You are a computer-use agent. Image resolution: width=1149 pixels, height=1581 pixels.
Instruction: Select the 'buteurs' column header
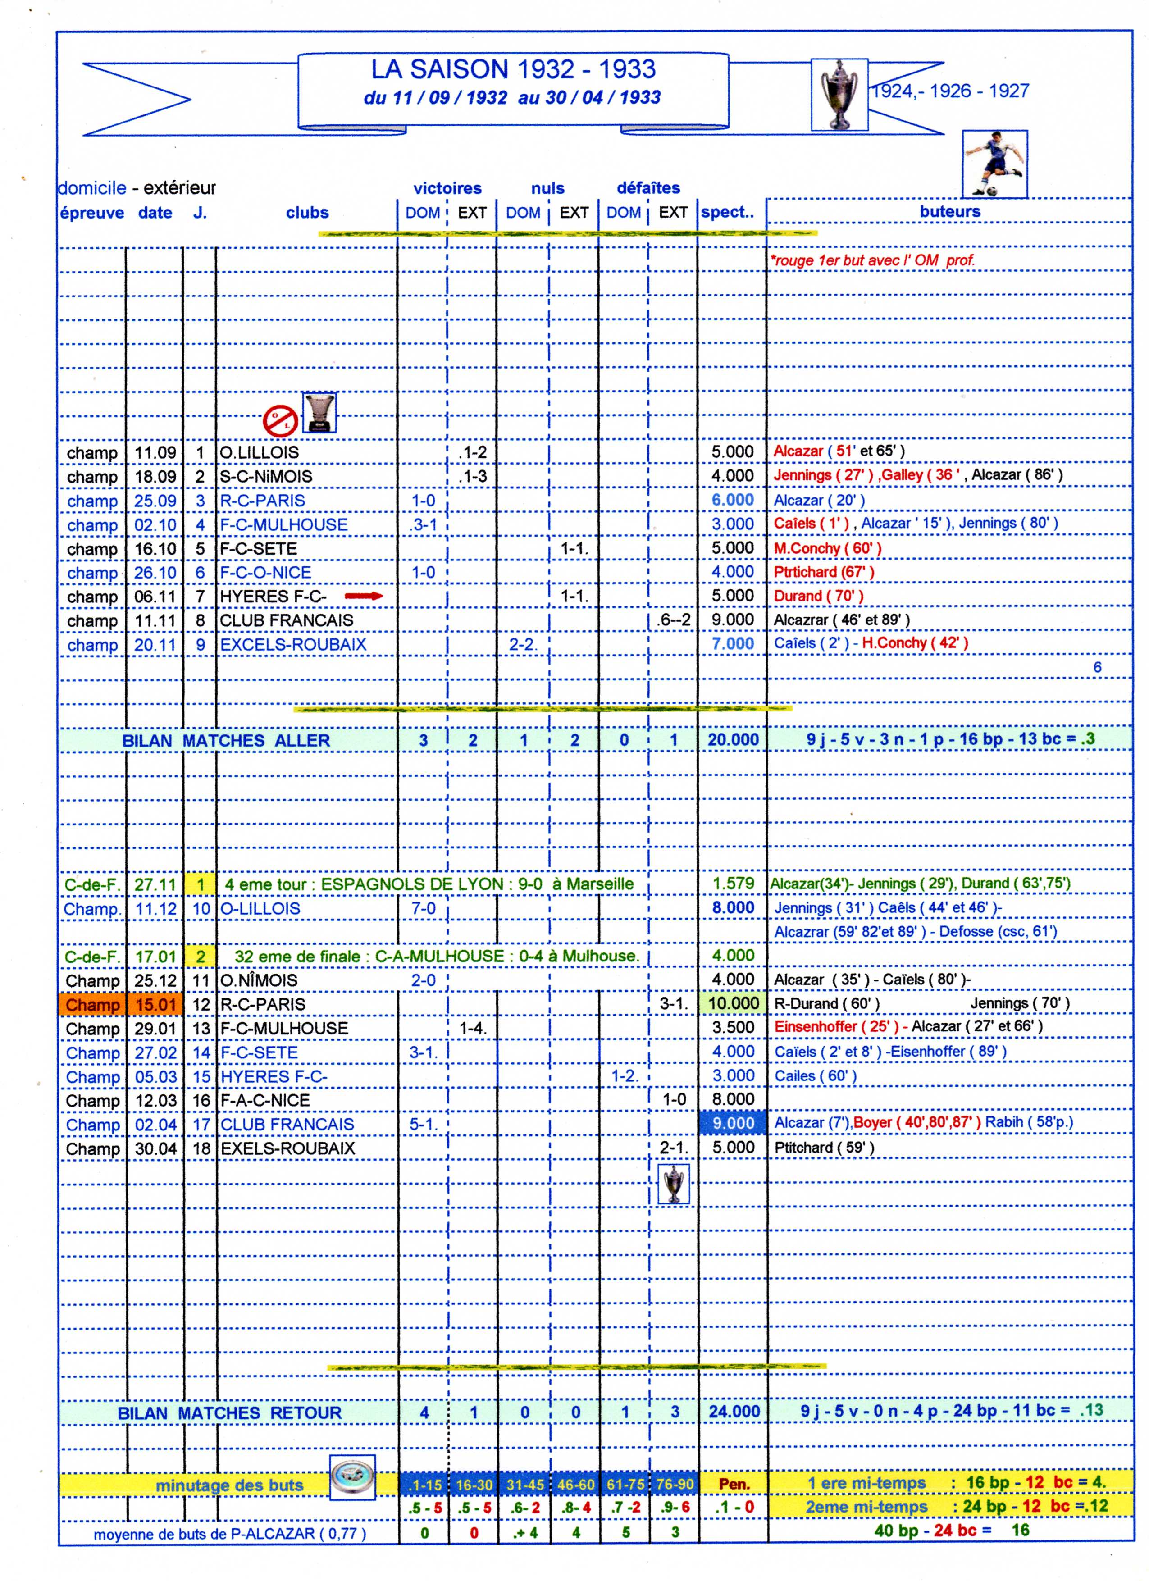click(x=949, y=212)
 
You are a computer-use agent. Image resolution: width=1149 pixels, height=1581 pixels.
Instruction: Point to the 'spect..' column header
click(x=728, y=213)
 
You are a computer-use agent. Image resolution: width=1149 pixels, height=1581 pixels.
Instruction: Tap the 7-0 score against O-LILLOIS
click(x=423, y=908)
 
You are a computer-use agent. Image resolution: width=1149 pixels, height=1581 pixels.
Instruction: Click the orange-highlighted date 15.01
click(x=155, y=1004)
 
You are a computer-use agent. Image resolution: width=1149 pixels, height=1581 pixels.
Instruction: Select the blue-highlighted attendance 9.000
click(x=733, y=1123)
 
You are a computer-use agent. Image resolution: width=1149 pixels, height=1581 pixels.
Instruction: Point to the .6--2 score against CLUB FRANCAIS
click(x=674, y=620)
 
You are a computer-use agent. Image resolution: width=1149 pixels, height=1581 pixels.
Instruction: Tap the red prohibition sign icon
click(x=280, y=420)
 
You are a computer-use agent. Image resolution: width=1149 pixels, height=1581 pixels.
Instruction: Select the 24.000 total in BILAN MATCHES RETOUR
click(x=734, y=1412)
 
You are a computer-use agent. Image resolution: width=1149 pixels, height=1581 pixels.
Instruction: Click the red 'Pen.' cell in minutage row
click(x=734, y=1484)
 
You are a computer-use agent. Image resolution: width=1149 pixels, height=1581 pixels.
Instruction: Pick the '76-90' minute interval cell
click(x=674, y=1484)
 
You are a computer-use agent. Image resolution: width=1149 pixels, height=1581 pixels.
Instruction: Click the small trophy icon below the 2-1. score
click(x=674, y=1184)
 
